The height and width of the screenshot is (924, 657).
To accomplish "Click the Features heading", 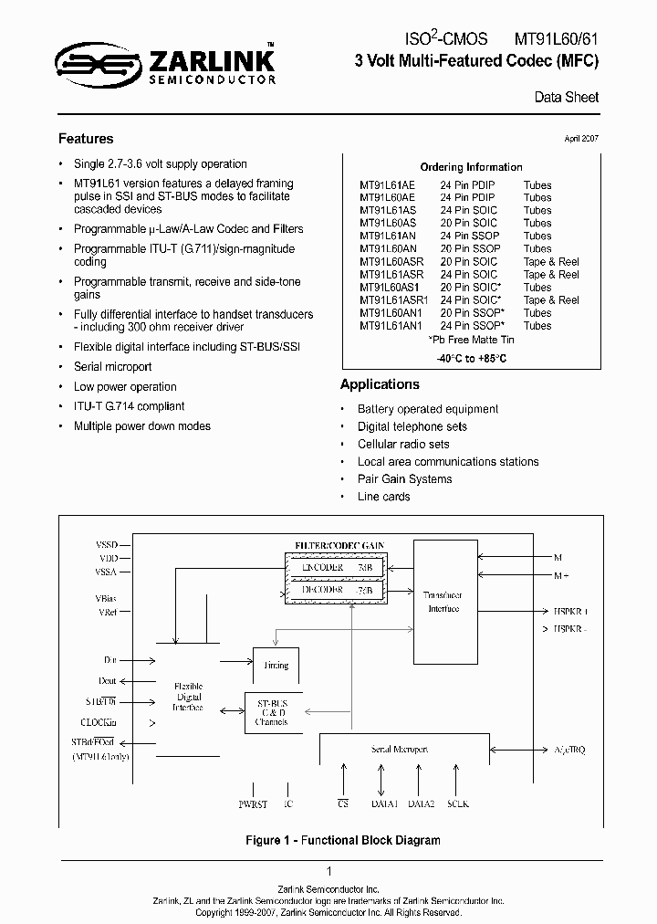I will [86, 139].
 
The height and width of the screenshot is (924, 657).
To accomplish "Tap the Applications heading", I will [380, 384].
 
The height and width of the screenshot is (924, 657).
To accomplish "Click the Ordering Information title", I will [471, 167].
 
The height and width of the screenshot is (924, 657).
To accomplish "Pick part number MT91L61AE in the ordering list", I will [387, 185].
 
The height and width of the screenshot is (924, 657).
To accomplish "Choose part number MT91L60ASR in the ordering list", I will [390, 261].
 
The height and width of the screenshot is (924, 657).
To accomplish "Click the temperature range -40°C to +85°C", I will [471, 358].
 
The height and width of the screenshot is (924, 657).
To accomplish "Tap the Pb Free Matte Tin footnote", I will [471, 339].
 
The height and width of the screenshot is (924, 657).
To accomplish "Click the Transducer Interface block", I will [444, 600].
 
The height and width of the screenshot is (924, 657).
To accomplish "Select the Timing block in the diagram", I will [275, 665].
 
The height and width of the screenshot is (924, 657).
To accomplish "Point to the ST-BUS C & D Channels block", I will [272, 712].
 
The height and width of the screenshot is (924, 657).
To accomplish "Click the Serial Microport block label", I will [399, 749].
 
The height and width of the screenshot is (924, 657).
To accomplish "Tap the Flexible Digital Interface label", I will [188, 696].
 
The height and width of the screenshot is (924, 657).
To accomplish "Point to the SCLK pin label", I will [457, 804].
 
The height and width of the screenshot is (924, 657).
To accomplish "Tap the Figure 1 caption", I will [328, 840].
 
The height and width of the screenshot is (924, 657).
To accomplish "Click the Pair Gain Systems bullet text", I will [404, 479].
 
